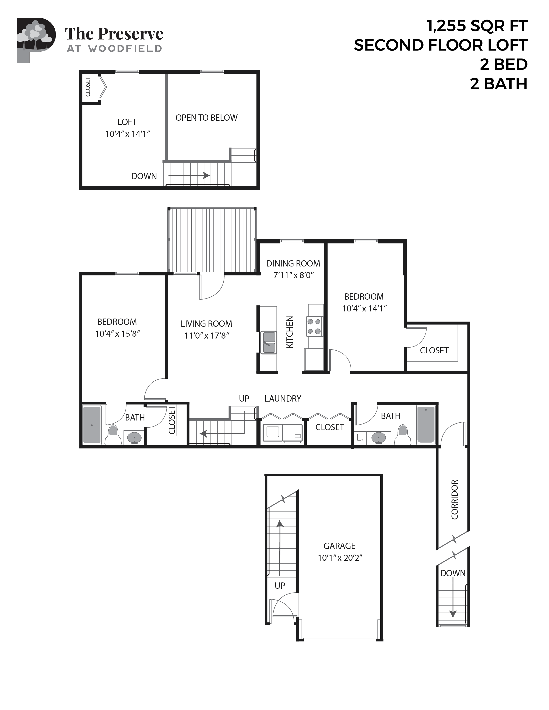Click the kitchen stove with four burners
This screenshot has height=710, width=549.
point(314,326)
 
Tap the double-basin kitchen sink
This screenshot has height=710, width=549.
point(269,342)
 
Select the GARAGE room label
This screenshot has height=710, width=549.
point(339,546)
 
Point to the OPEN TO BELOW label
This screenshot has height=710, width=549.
point(206,118)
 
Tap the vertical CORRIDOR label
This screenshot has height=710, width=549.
point(455,499)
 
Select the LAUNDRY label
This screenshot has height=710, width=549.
point(283,399)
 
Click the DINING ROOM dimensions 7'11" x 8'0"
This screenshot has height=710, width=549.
point(293,275)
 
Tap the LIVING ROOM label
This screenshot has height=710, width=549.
point(206,324)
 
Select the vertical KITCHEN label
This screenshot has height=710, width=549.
point(289,332)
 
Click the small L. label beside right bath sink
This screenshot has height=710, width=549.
point(360,437)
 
